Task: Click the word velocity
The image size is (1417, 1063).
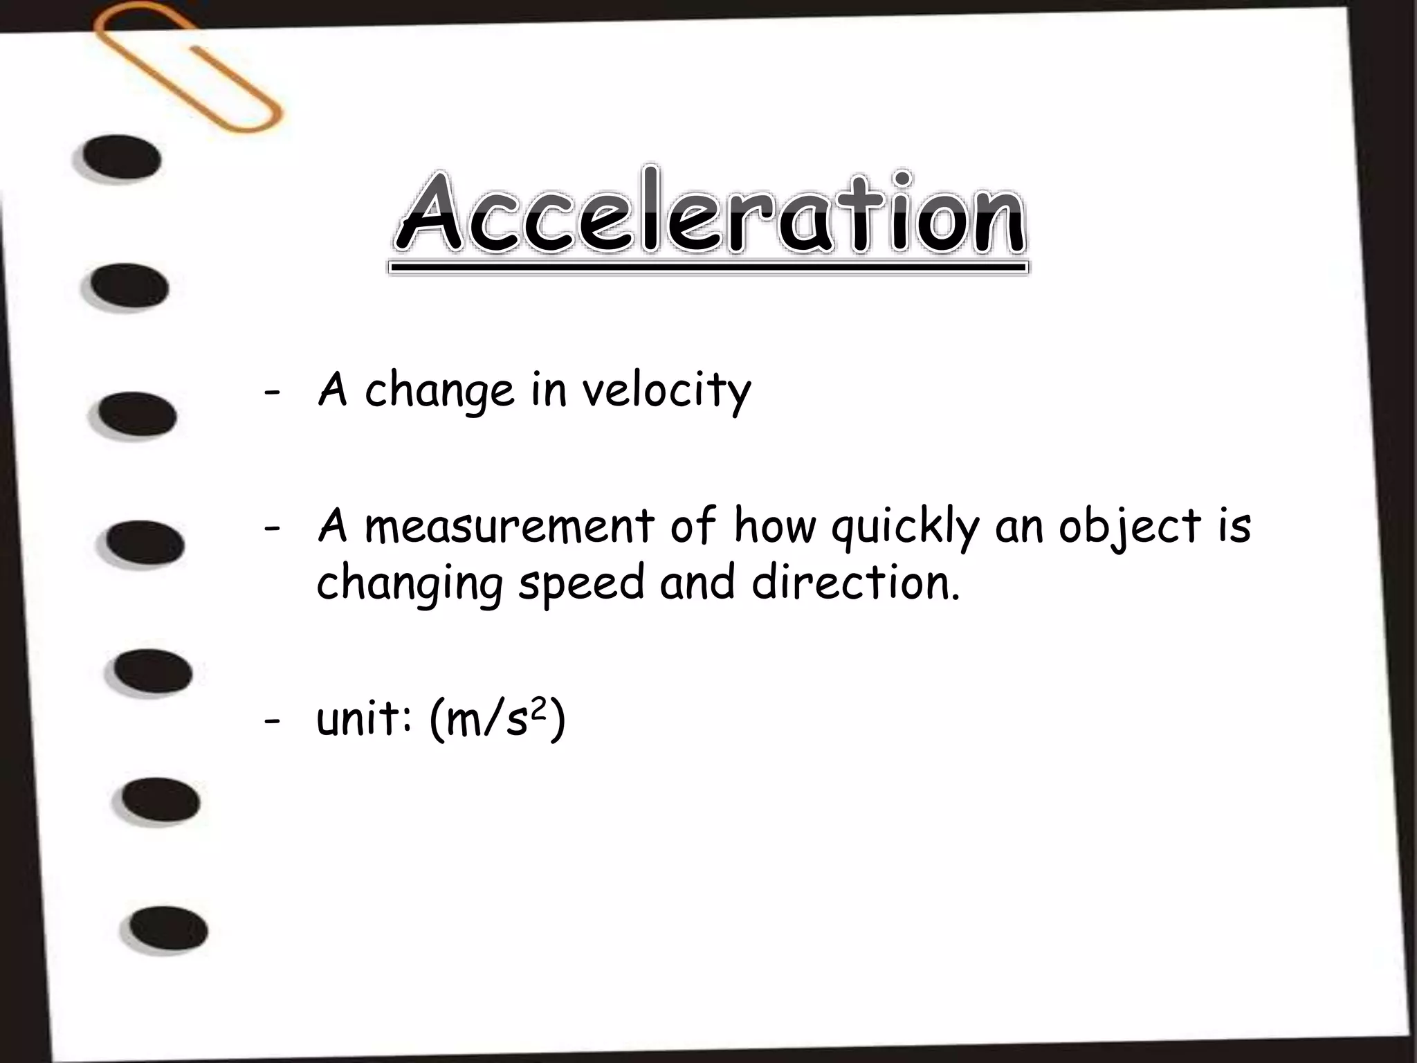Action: point(666,392)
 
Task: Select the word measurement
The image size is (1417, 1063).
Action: point(509,526)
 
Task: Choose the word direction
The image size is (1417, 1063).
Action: point(856,583)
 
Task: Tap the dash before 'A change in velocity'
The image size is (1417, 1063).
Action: point(272,392)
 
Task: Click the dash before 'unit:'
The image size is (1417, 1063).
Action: point(272,721)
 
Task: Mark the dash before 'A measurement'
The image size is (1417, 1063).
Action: point(272,527)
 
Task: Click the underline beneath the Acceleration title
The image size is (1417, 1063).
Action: point(708,267)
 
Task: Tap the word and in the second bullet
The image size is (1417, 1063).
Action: point(697,583)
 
